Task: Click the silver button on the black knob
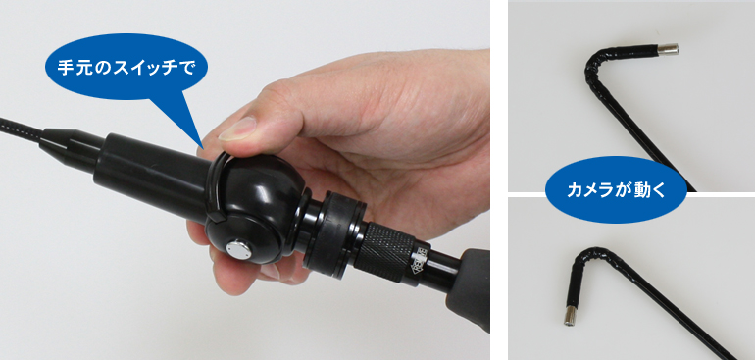tap(238, 250)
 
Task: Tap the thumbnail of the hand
tap(237, 129)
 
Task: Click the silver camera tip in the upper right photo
tap(669, 49)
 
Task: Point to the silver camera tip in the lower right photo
tap(570, 316)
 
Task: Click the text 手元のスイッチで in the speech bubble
tap(126, 67)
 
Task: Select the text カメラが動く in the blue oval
tap(616, 190)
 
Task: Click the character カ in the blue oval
tap(574, 190)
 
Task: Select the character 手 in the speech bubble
tap(66, 67)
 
